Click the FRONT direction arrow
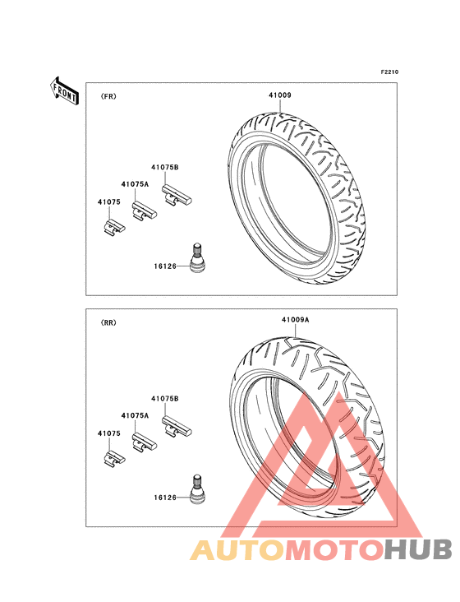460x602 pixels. point(64,91)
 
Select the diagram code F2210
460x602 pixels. point(389,72)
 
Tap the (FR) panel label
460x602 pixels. point(108,96)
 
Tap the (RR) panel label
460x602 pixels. point(108,323)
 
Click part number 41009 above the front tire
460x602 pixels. point(279,95)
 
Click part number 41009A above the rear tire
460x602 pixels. point(296,319)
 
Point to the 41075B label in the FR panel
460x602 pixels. point(165,168)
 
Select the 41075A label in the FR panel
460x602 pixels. point(135,184)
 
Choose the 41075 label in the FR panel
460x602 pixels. point(109,202)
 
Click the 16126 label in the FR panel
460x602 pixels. point(165,266)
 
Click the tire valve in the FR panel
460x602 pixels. point(196,258)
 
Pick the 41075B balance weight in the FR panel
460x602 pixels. point(177,195)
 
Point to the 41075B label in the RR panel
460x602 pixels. point(165,399)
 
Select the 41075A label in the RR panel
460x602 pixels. point(135,415)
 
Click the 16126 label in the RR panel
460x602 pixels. point(165,498)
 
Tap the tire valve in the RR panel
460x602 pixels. point(196,489)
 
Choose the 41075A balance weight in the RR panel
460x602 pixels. point(144,442)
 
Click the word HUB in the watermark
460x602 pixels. point(418,549)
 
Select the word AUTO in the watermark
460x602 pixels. point(237,549)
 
